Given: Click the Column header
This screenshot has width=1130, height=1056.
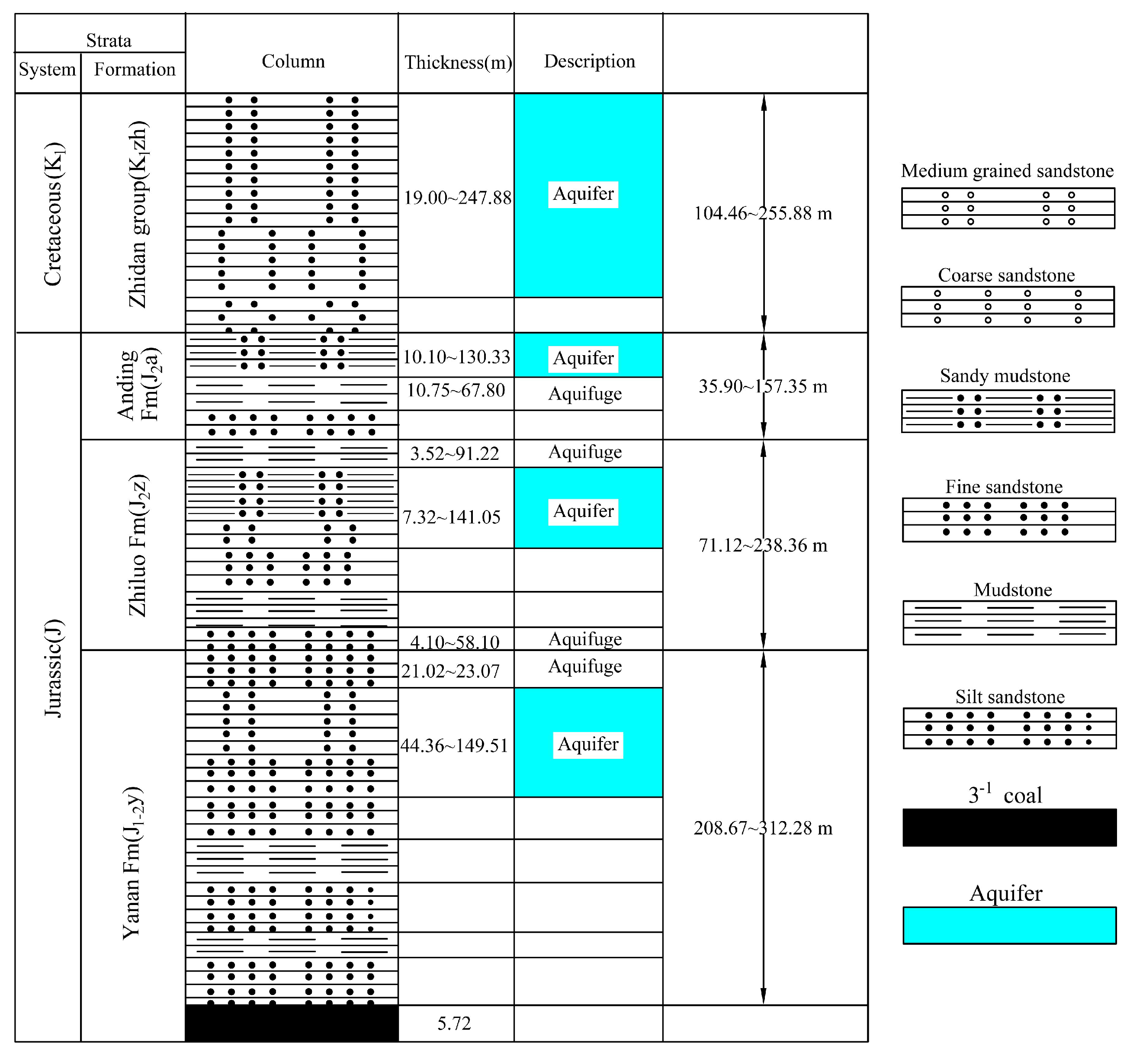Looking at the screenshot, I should (x=293, y=61).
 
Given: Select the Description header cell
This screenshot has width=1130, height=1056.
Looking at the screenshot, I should (x=589, y=61).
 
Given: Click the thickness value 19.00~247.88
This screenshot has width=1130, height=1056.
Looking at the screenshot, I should (x=458, y=198).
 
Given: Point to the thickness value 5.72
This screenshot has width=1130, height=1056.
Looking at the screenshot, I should (x=454, y=1023).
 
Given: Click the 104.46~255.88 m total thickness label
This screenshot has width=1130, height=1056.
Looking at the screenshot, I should (x=763, y=214).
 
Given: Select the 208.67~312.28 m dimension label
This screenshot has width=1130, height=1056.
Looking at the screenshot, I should (x=763, y=828).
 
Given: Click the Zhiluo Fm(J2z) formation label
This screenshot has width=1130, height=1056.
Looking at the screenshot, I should (x=138, y=545).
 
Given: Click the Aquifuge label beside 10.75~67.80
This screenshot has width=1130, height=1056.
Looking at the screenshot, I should (x=585, y=393).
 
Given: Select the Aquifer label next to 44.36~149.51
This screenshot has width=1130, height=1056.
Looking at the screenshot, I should (x=588, y=744).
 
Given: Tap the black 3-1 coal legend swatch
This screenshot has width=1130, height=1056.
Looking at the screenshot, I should (x=1009, y=828).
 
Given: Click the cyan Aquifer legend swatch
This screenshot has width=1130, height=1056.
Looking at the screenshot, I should (x=1009, y=925).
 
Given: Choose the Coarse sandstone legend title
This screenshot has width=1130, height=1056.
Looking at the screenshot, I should (x=1006, y=275).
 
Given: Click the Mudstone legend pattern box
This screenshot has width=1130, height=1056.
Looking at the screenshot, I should (x=1009, y=623).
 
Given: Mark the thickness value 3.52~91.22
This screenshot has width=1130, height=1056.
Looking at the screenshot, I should (x=455, y=453).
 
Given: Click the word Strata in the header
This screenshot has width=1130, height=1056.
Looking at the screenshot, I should (x=109, y=40).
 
